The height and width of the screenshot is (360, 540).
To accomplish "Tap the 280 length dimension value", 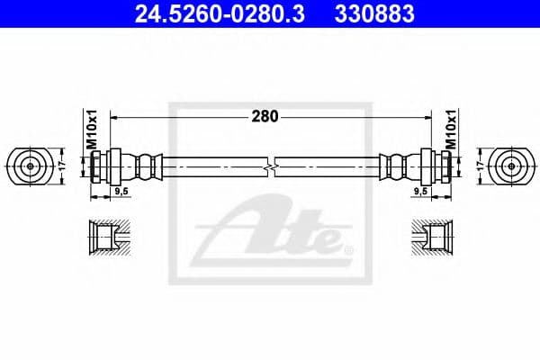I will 265,116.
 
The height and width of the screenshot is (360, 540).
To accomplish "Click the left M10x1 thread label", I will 91,130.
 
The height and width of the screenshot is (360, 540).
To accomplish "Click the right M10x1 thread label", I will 451,130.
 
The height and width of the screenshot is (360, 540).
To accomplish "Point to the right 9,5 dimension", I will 419,191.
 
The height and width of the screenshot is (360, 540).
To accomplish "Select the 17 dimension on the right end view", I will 481,166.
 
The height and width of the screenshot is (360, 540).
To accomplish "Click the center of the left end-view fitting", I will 30,166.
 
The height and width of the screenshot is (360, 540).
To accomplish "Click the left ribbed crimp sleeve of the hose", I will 144,166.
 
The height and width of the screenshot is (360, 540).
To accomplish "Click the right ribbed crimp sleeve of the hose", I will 397,166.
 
